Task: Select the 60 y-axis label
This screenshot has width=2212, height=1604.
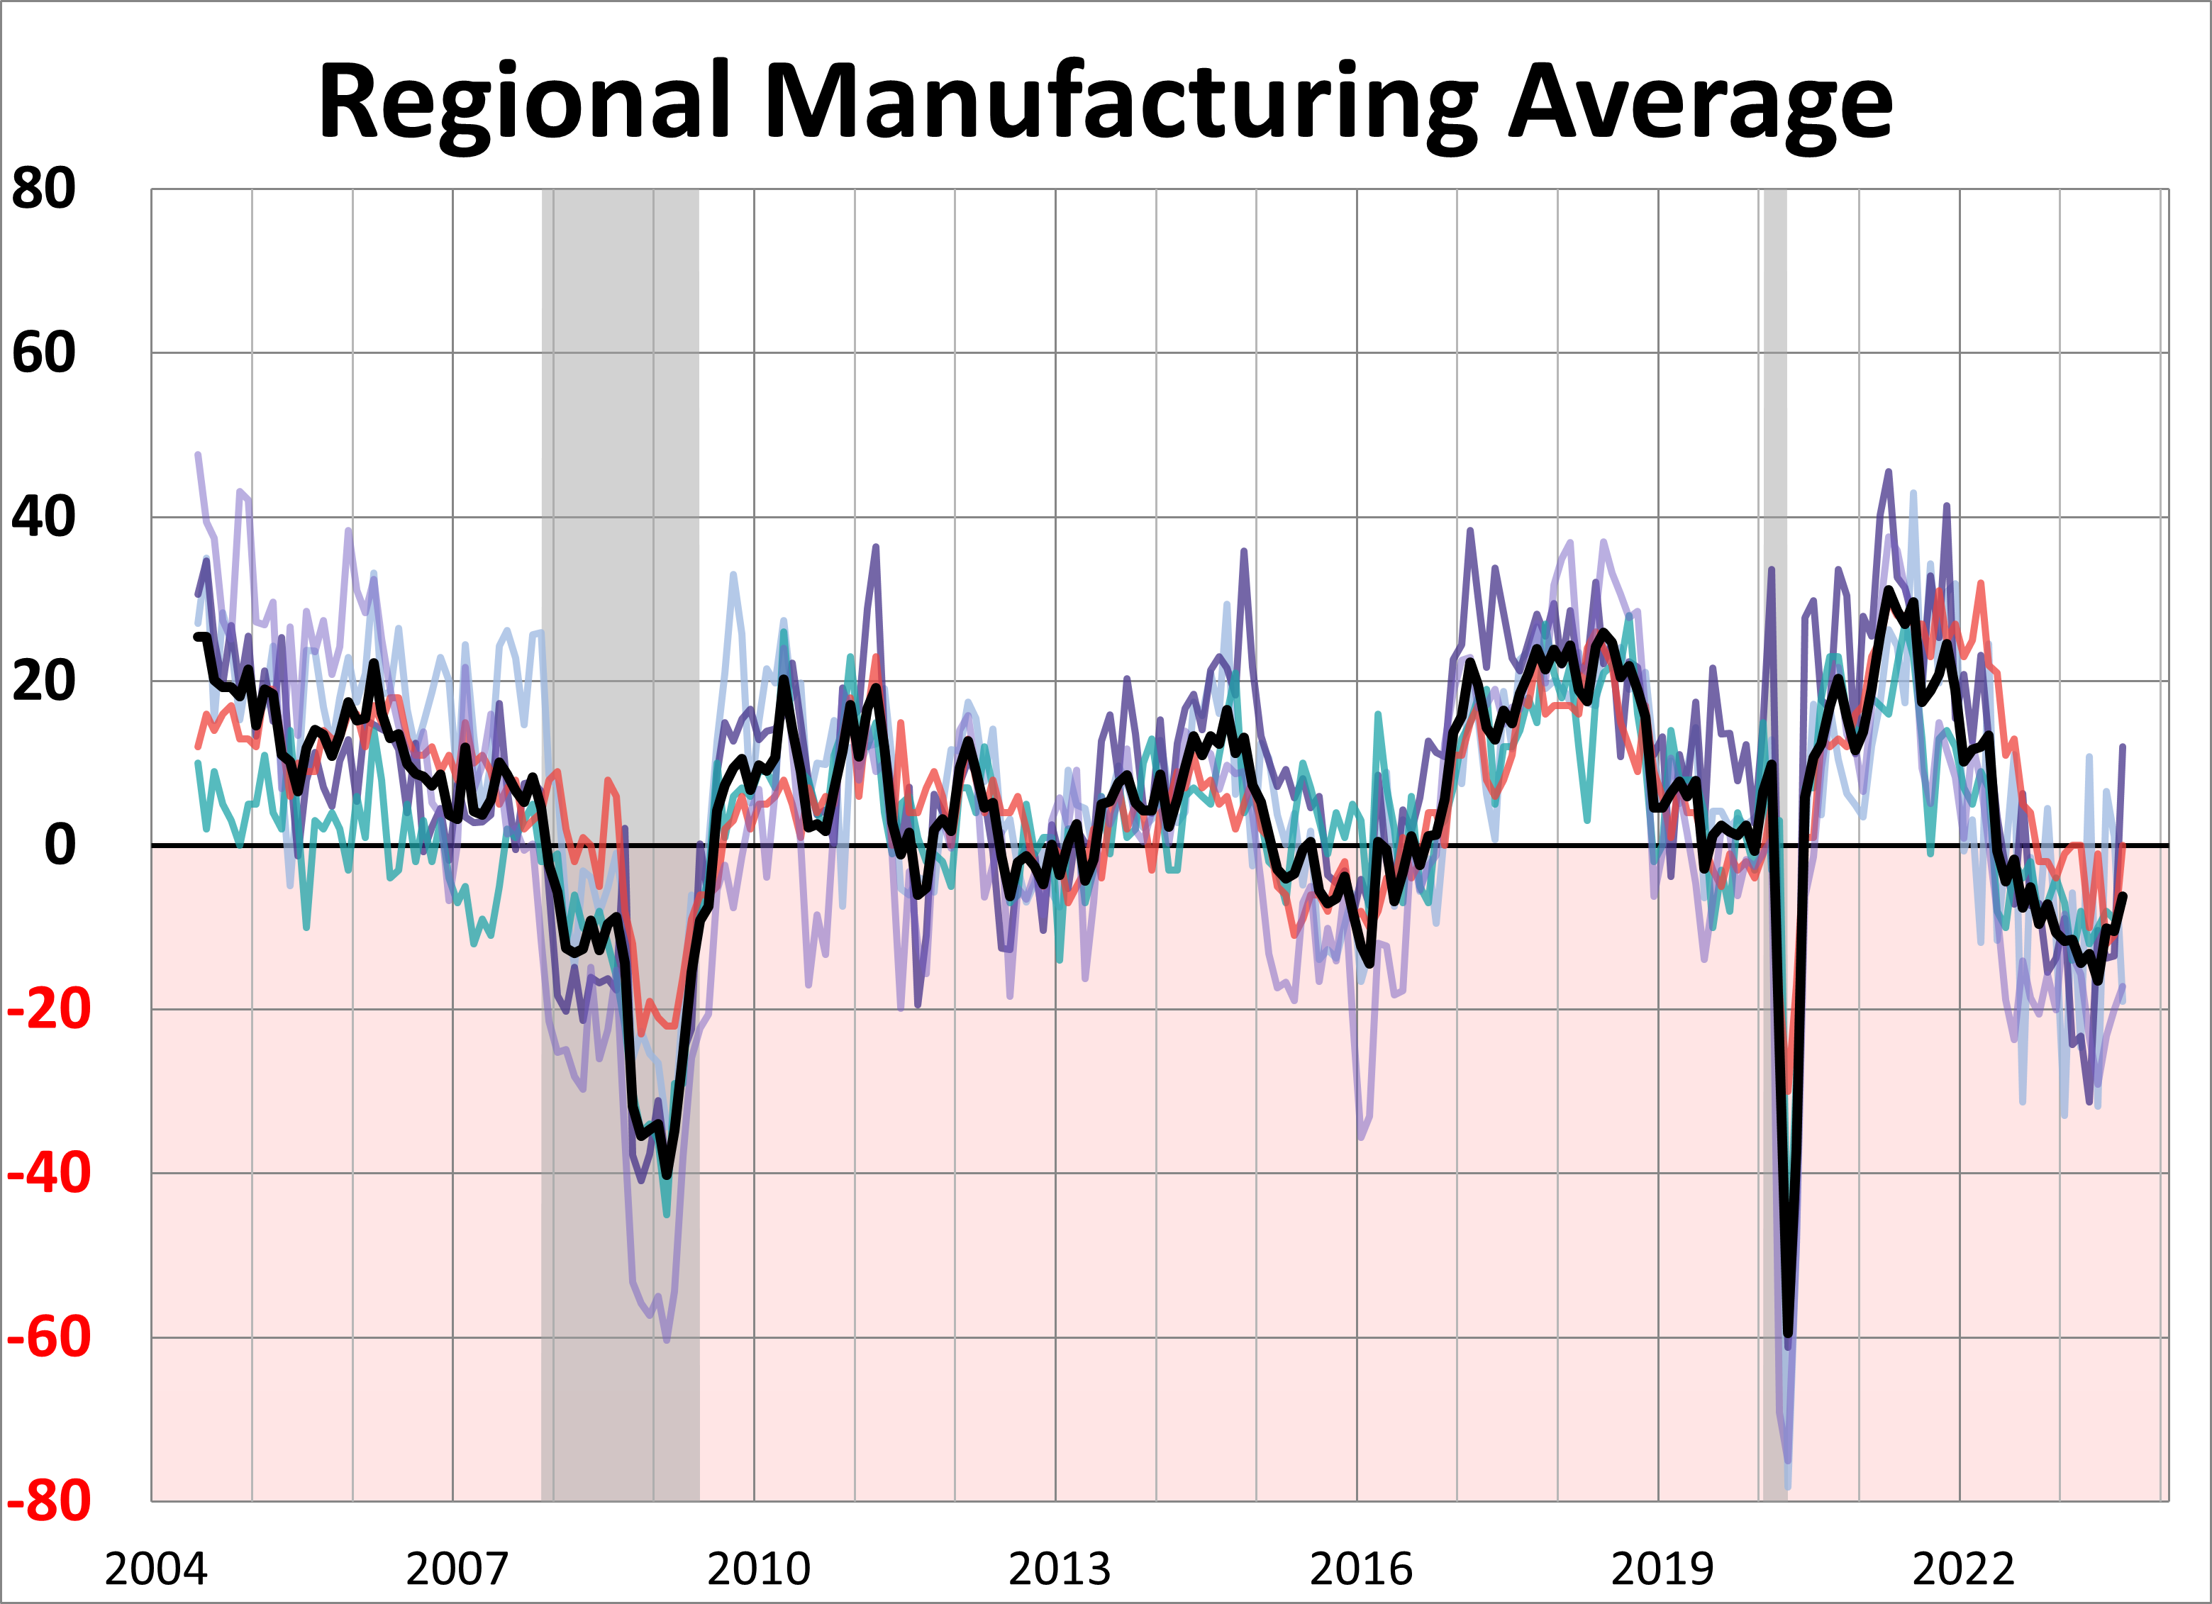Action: pyautogui.click(x=44, y=353)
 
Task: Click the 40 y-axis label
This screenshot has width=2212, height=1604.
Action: pyautogui.click(x=44, y=517)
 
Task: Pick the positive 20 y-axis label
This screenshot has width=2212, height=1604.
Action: pyautogui.click(x=44, y=681)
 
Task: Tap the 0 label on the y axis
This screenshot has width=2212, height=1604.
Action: pyautogui.click(x=60, y=845)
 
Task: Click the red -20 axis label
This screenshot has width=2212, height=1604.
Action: pyautogui.click(x=49, y=1009)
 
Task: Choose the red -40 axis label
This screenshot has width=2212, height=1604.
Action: pyautogui.click(x=49, y=1173)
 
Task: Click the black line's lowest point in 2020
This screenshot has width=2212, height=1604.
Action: pyautogui.click(x=1788, y=1334)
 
